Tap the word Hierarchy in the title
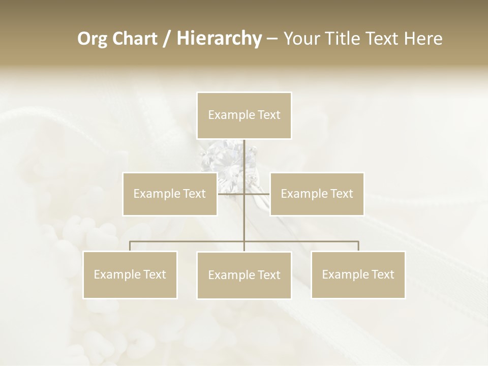click(x=219, y=39)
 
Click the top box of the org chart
click(x=244, y=115)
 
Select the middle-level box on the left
click(x=170, y=194)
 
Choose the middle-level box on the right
click(x=317, y=194)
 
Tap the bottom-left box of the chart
click(x=130, y=274)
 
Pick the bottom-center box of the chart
click(x=244, y=275)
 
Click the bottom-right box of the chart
click(x=358, y=274)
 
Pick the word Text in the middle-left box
click(x=193, y=194)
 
